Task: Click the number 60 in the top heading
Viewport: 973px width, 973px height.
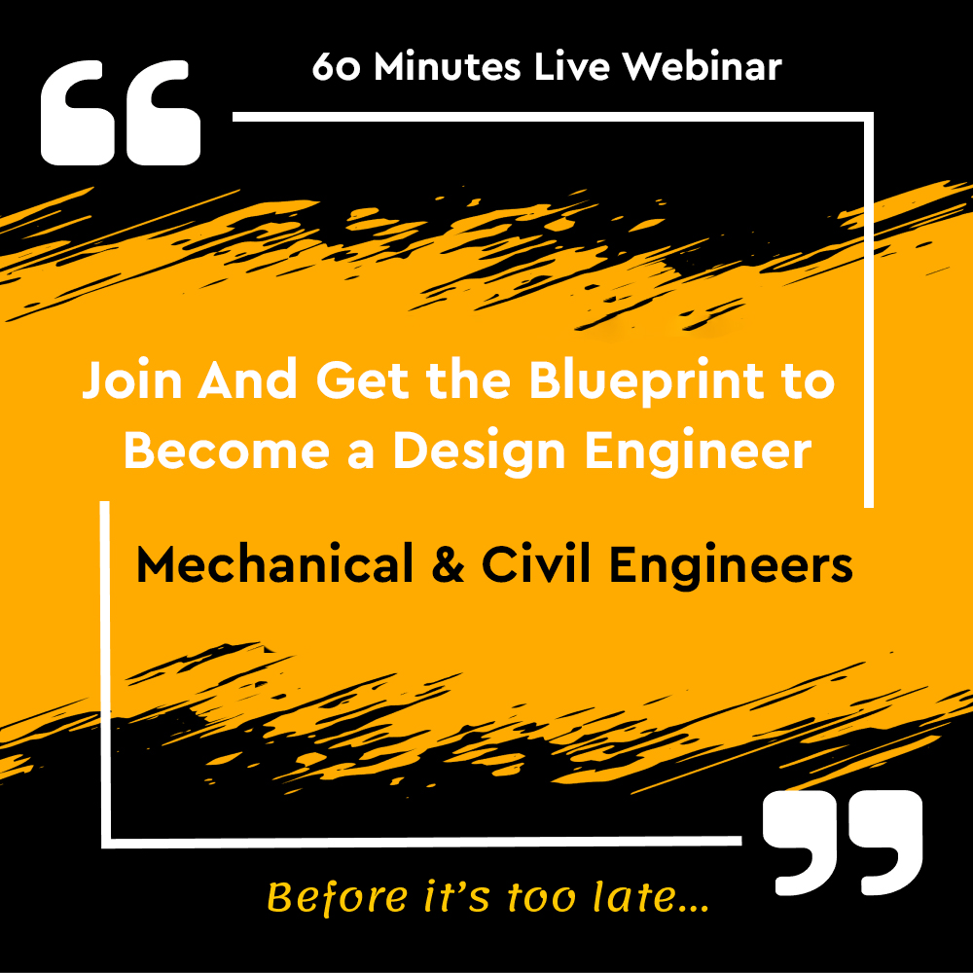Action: (x=336, y=67)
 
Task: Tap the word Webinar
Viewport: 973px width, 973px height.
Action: (x=702, y=66)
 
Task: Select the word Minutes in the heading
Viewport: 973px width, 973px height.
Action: (x=447, y=66)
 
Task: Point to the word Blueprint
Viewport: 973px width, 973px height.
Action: (x=646, y=381)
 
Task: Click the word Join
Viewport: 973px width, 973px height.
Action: (x=131, y=379)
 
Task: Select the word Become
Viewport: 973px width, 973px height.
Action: (x=226, y=450)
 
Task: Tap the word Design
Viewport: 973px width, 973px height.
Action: (x=479, y=452)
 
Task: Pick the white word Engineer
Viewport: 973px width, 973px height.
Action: (x=698, y=452)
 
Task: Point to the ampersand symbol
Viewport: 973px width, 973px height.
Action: (x=448, y=563)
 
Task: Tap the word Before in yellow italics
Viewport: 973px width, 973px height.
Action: (x=338, y=897)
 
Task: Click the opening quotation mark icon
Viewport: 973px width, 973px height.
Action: (x=121, y=113)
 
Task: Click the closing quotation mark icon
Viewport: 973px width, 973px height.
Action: (x=843, y=843)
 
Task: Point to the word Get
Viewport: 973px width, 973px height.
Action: (x=362, y=379)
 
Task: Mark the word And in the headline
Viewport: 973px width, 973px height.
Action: (x=247, y=379)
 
